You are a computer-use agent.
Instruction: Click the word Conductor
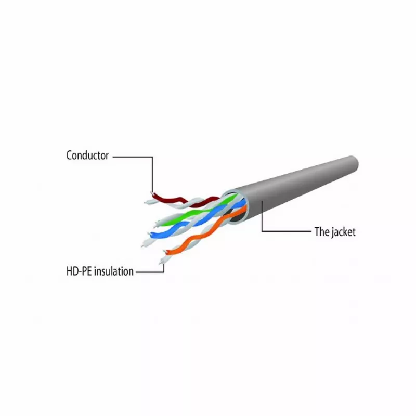tap(87, 155)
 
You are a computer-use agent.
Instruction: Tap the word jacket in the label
tap(342, 232)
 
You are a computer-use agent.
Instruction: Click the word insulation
tap(114, 271)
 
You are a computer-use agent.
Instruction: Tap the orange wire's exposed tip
tap(165, 251)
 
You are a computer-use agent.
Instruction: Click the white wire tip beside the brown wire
tap(146, 203)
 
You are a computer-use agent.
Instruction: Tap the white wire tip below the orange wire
tap(161, 263)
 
